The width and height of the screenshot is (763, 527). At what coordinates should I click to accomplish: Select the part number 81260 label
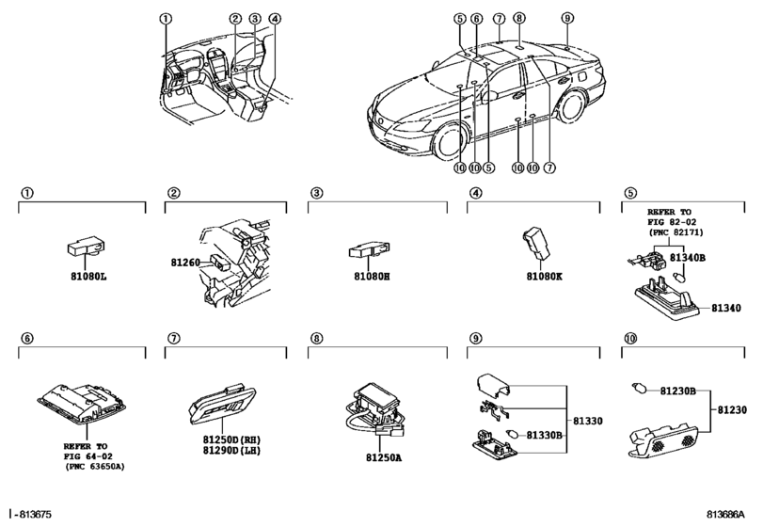184,263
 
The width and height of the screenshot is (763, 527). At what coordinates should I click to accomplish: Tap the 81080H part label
372,276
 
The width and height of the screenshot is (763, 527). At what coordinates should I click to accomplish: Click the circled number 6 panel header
26,338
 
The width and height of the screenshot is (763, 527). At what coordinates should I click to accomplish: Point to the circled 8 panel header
317,338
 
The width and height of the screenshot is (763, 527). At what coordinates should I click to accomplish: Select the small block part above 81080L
84,245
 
